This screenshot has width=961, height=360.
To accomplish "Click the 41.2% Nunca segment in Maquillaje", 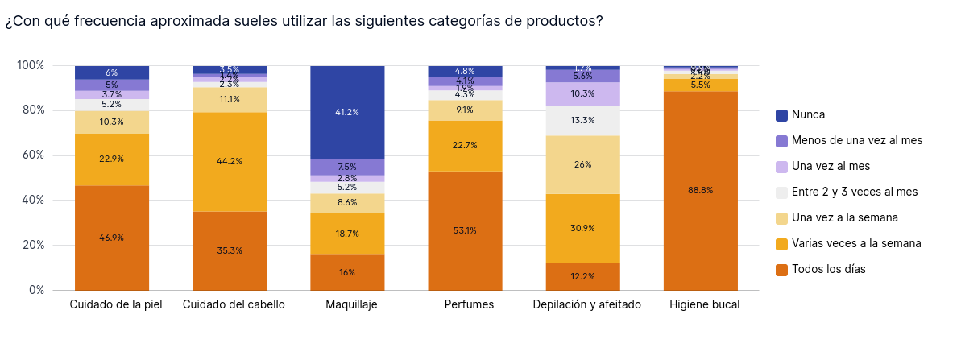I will point(347,112).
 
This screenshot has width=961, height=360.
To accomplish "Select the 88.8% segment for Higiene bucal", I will point(701,190).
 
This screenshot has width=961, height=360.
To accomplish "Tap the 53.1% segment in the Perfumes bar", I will point(465,230).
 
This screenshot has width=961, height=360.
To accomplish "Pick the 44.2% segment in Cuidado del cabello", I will point(230,161).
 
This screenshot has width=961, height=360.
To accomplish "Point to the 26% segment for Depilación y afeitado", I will point(582,164).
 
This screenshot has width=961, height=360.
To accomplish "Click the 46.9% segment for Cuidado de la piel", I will point(112,238).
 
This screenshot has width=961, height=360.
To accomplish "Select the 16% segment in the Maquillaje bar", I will point(347,272).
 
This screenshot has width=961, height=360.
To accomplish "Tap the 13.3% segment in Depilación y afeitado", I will point(582,121).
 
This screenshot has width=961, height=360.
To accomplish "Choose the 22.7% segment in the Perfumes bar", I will point(465,146).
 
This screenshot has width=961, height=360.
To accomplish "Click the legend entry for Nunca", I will point(808,115).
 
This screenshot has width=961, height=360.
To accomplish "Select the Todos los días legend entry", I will point(828,269).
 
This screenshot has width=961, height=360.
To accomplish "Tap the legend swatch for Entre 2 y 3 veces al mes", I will point(781,192).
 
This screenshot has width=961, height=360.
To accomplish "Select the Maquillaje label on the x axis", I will point(351,304).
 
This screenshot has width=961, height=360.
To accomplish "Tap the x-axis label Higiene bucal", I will point(704,304).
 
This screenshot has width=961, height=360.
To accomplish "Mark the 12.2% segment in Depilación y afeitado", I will point(582,276).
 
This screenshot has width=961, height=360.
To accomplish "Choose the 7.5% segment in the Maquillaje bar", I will point(347,167).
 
